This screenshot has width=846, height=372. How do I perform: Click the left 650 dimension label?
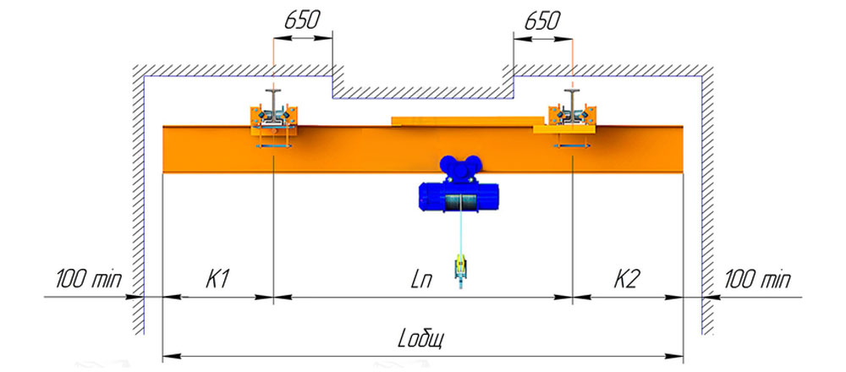pos(303,20)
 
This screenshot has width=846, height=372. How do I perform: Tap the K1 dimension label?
pos(218,279)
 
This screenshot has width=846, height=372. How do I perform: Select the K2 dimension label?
pos(627,279)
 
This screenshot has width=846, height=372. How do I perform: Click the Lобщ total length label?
pos(421,340)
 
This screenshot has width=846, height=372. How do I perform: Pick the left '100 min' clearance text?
pos(89,279)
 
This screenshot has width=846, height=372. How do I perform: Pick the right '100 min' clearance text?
pos(757,279)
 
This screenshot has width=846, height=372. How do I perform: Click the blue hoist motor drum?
pos(459,197)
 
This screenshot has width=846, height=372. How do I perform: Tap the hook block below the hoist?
pos(460,269)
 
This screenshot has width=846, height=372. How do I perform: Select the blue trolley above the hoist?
pos(460,168)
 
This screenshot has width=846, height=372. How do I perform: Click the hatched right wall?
pos(707,200)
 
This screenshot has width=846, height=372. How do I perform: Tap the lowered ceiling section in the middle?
pos(422,92)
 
